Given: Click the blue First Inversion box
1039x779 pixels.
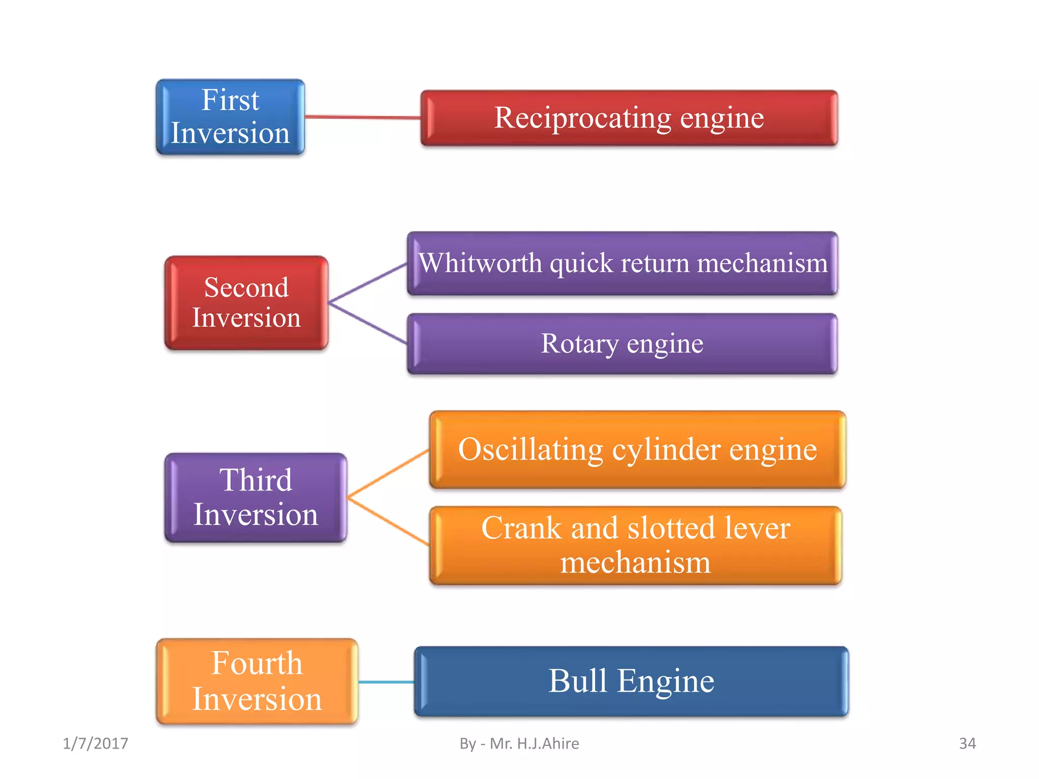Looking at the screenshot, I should click(x=230, y=117).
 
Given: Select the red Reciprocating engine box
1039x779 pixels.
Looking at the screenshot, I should click(x=629, y=118).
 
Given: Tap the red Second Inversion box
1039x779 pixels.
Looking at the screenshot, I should click(x=247, y=303).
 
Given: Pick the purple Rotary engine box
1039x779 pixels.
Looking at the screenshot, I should click(x=622, y=344).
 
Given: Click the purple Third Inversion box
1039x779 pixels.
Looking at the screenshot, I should click(x=256, y=498).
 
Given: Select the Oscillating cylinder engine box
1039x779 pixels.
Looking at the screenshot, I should click(x=637, y=450).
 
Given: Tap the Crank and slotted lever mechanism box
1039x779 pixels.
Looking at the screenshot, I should click(x=635, y=545).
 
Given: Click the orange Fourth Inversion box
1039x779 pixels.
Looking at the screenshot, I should click(x=257, y=681).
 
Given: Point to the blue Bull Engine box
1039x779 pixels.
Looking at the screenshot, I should click(x=631, y=681).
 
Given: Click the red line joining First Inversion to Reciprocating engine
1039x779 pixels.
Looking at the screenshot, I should click(x=363, y=117).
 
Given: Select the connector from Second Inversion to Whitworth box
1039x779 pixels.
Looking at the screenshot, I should click(x=368, y=283).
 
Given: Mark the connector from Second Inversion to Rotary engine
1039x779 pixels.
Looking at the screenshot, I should click(x=368, y=323).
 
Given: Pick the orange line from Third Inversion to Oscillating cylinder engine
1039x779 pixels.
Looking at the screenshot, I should click(x=388, y=473).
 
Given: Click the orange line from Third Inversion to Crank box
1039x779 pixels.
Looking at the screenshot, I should click(x=388, y=522).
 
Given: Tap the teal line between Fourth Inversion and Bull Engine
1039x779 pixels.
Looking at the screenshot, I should click(x=386, y=682).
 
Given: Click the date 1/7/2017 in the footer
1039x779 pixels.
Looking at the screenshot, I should click(x=95, y=743).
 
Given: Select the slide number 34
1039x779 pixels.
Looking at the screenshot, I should click(x=967, y=743).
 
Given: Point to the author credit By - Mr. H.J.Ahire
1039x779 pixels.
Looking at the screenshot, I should click(x=519, y=743).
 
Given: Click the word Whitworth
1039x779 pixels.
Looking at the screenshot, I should click(x=480, y=263).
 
